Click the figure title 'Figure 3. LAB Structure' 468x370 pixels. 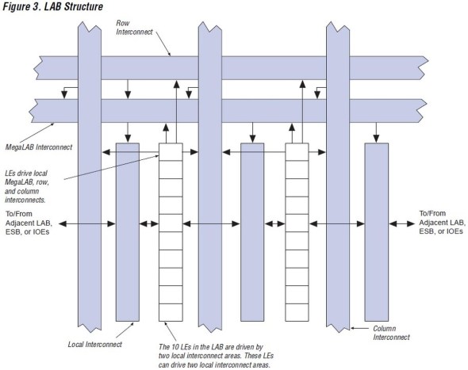pos(53,6)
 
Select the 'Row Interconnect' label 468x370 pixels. pos(134,28)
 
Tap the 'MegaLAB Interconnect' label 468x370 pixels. pos(39,147)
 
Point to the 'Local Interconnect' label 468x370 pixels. pos(95,345)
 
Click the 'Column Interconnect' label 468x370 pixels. pos(391,333)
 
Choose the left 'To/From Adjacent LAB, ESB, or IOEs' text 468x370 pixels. pos(29,223)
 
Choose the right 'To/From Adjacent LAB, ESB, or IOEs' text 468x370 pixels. pos(443,223)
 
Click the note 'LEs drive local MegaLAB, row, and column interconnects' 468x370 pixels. pos(26,187)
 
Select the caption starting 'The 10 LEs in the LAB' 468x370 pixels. pos(216,356)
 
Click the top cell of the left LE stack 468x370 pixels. pos(171,152)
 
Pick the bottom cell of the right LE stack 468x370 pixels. pos(297,312)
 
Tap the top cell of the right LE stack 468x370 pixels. pos(297,152)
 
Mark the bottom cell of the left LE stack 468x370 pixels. pos(171,312)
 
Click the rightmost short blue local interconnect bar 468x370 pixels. pos(376,232)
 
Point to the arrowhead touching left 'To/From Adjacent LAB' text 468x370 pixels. pos(63,223)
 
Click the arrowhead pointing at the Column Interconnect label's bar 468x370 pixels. pos(353,328)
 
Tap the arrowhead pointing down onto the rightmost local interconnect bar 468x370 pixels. pos(376,139)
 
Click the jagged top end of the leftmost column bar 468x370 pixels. pos(90,27)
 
